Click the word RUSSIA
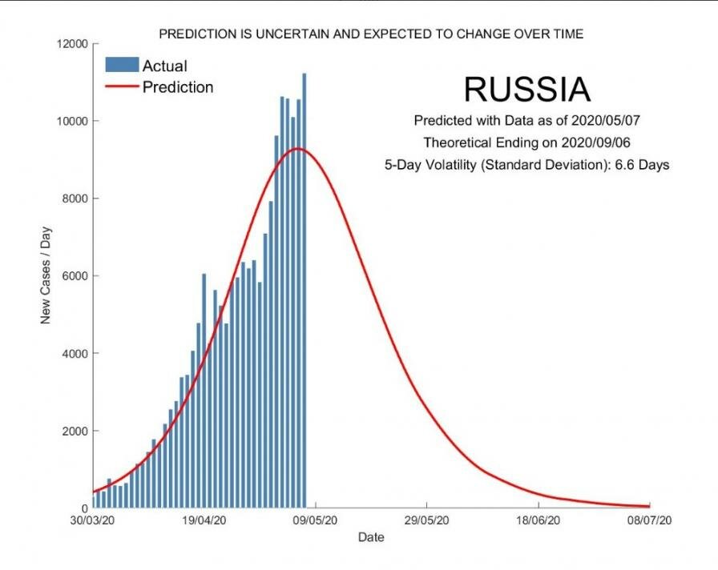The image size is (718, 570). tap(526, 90)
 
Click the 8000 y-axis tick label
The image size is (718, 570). tap(74, 199)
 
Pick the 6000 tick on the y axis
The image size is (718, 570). tap(74, 276)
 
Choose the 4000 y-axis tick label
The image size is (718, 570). tap(74, 353)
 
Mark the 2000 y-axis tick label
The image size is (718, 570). tap(74, 431)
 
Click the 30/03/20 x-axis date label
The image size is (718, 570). tap(93, 520)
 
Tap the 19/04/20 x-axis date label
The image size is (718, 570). tap(204, 520)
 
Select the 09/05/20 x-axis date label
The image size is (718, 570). tap(316, 520)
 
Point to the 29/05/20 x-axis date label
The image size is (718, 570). tap(427, 520)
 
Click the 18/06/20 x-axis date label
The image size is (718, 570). tap(538, 520)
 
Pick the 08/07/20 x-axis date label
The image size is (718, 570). tap(649, 520)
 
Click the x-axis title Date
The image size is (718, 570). tap(371, 537)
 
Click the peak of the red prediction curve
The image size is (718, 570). tap(297, 149)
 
